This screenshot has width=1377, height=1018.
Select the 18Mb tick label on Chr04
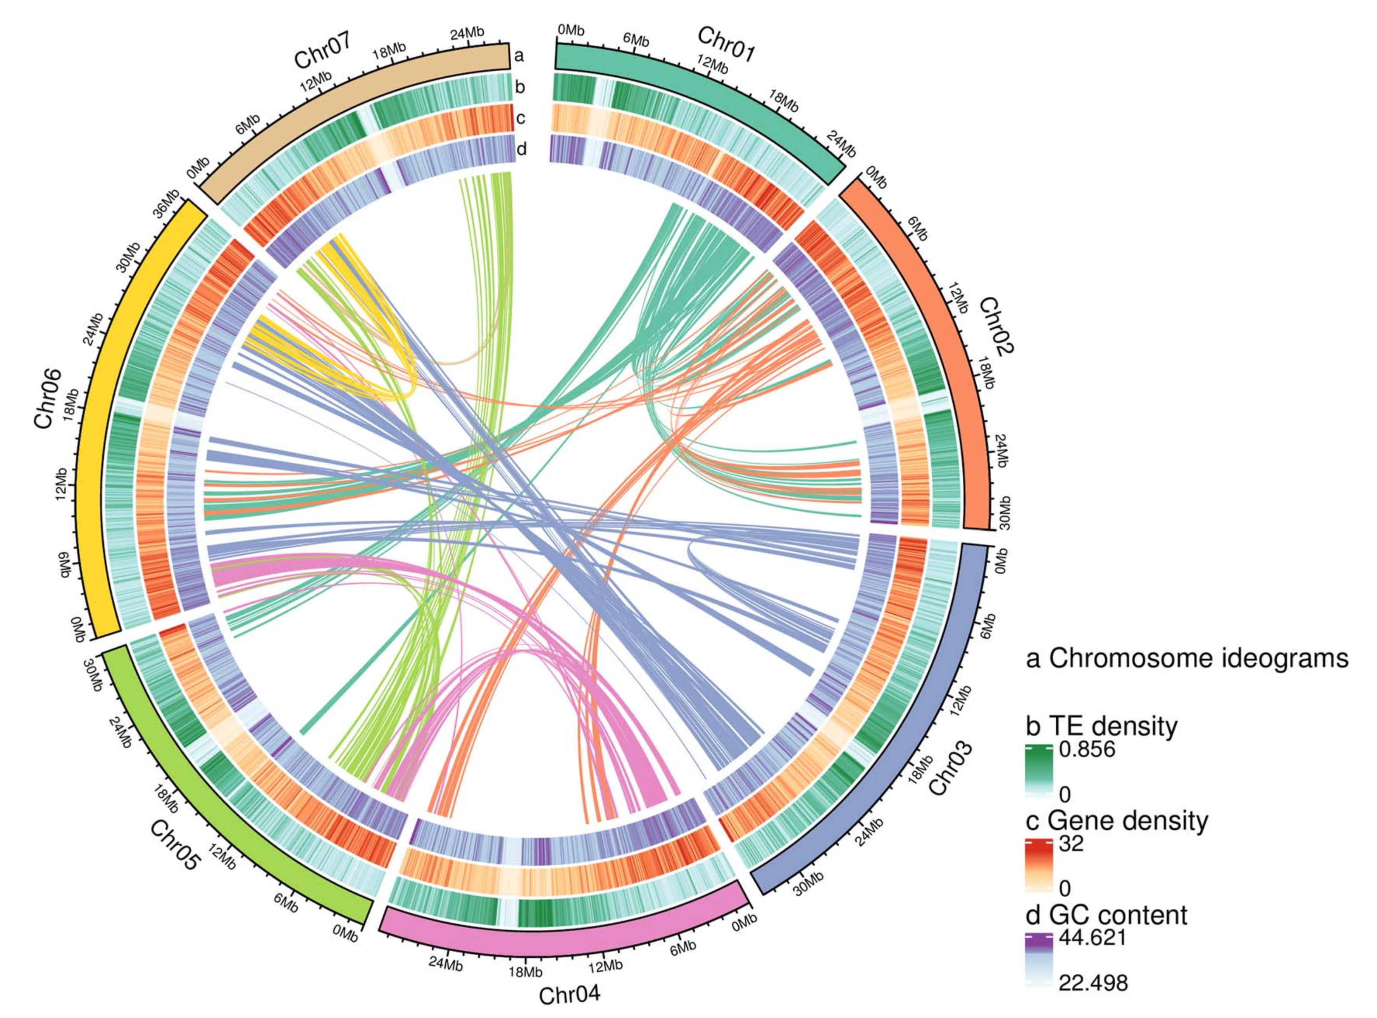click(x=525, y=972)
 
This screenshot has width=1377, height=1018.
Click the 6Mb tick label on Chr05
click(x=285, y=903)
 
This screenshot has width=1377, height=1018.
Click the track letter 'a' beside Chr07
click(x=519, y=56)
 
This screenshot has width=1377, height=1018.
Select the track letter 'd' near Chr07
click(x=521, y=149)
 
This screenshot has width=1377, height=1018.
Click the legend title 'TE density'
click(x=1101, y=727)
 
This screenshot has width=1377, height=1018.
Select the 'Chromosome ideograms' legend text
click(x=1187, y=659)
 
